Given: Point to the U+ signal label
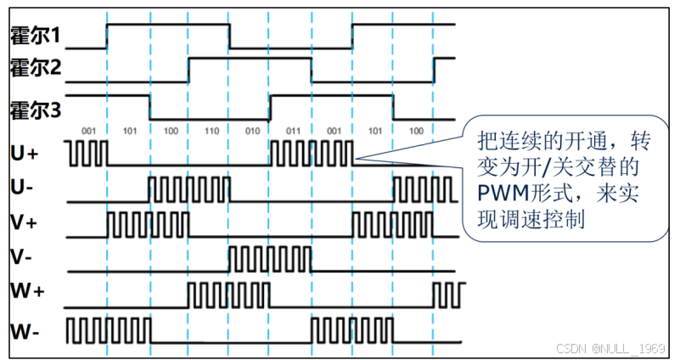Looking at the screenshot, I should click(x=24, y=154).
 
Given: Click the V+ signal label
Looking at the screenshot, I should click(x=23, y=221).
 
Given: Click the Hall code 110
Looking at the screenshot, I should click(x=211, y=132).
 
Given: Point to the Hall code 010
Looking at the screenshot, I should click(x=251, y=132).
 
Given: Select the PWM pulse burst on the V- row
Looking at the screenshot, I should click(x=270, y=256).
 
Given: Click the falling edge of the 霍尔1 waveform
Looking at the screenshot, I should click(x=230, y=37).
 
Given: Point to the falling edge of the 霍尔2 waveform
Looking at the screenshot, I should click(x=312, y=70).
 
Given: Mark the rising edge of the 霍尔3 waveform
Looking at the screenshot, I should click(x=270, y=107).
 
